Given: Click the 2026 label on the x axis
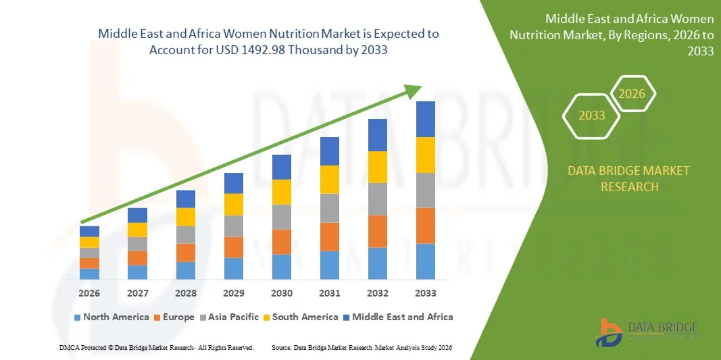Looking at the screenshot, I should pos(89,293).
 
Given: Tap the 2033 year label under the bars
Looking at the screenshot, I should pos(425,293).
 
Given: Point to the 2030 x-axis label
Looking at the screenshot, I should pos(281,293).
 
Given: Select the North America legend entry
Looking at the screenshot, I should pos(111,317).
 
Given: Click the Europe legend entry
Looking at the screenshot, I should pos(174,317).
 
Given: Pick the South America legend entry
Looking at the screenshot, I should pos(301,317).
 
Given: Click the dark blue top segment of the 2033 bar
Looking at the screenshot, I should pos(425,119).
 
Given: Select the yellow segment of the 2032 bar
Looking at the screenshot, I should pos(377,167).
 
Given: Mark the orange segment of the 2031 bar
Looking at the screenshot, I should pos(329,236).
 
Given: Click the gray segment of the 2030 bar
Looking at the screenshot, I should pos(281,217).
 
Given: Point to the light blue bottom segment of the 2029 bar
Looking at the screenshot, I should pos(233,268).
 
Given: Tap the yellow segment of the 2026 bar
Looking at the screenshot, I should pos(89,242).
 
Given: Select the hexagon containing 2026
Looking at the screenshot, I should pos(632,94).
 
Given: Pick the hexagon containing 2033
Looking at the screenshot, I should pos(592,115).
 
